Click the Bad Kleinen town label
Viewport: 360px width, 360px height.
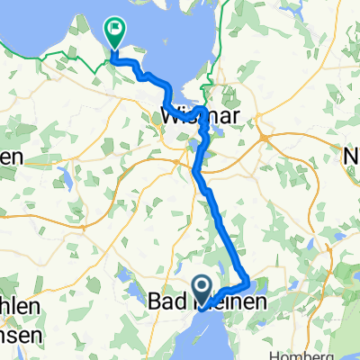(206, 306)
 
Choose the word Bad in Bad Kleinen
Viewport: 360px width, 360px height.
(165, 306)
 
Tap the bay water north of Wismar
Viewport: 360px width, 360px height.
(180, 36)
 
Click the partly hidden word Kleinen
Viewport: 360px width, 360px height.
(230, 306)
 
